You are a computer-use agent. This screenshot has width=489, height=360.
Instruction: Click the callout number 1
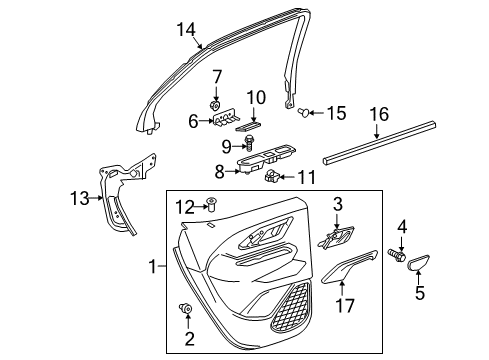(x=153, y=267)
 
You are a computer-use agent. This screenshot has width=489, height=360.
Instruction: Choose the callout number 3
(x=337, y=205)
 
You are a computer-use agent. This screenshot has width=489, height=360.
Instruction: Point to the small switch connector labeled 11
(x=273, y=178)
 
